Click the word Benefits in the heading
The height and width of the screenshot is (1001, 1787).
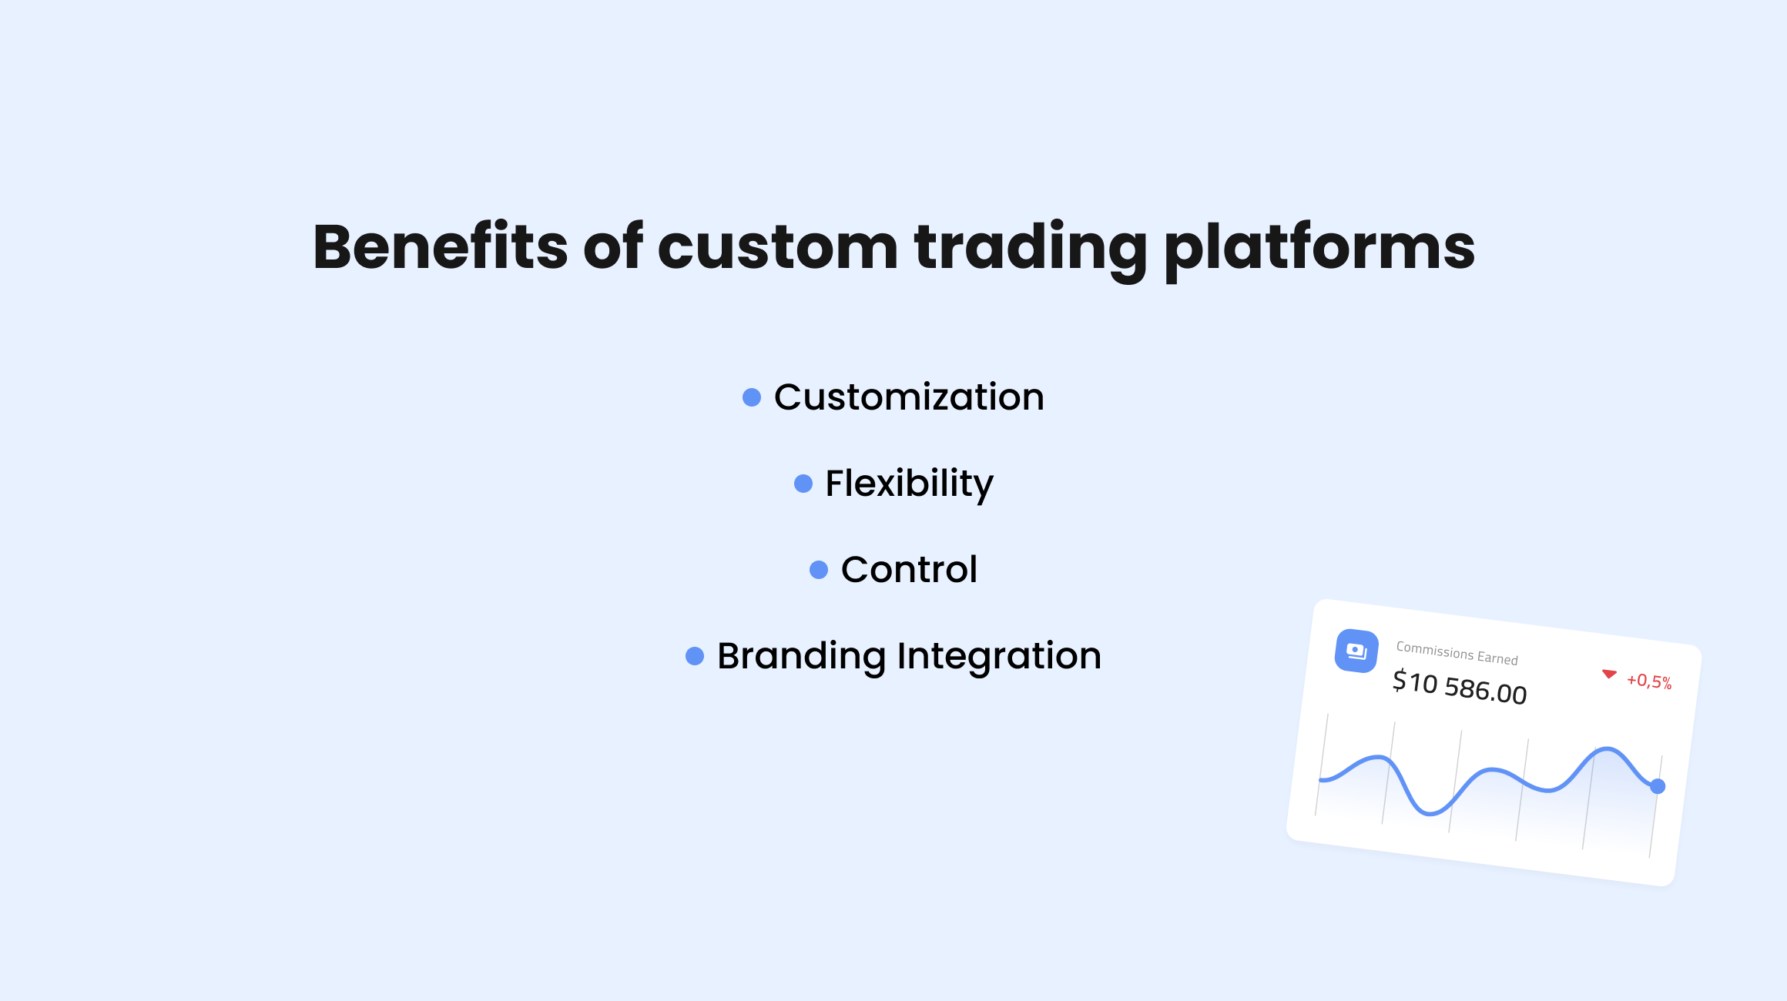[441, 246]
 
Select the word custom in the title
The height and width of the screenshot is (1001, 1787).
[778, 249]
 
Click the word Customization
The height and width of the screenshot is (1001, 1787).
[909, 397]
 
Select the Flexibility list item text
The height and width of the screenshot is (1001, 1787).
[909, 484]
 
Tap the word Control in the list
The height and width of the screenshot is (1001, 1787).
[909, 570]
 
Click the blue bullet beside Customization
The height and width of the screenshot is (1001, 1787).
[752, 397]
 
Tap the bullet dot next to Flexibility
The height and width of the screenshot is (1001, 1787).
[803, 484]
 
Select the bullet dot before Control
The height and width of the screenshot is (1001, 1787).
[819, 570]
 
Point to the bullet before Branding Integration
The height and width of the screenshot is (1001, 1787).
[695, 656]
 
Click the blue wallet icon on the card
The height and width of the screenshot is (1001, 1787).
[1356, 651]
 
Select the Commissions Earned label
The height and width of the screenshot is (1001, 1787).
[1457, 654]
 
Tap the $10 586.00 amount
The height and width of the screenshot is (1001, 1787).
[1460, 687]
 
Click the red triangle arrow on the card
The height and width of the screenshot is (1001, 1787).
[1609, 674]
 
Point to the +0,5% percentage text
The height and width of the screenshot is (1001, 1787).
[1649, 681]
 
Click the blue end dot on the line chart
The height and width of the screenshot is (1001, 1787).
[1658, 786]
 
